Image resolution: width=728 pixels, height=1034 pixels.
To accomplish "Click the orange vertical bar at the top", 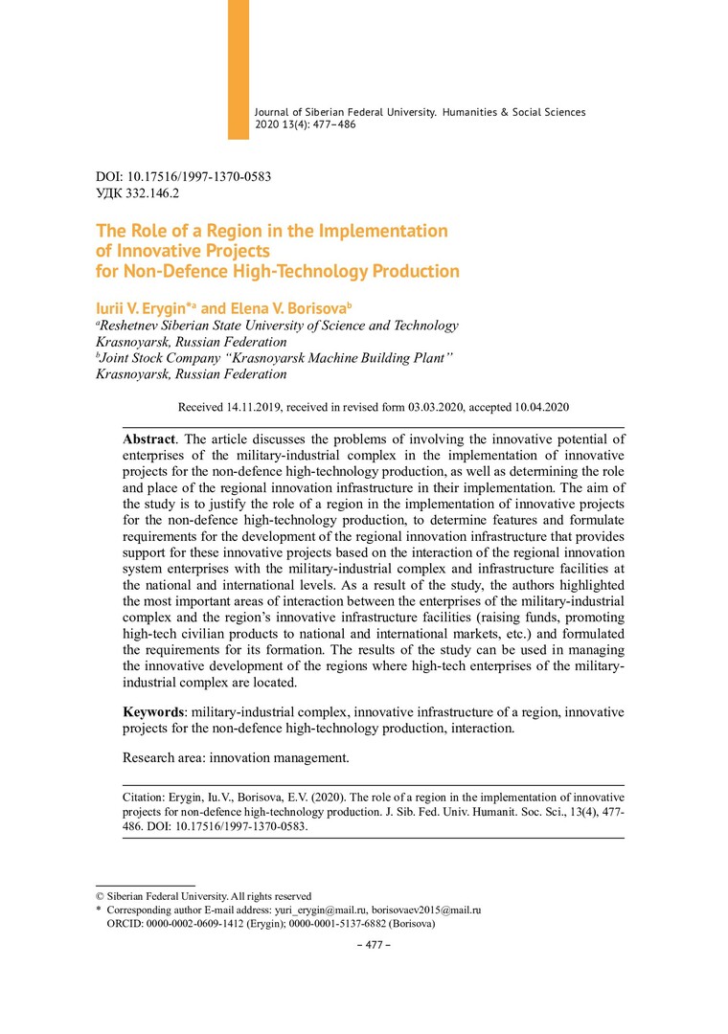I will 238,69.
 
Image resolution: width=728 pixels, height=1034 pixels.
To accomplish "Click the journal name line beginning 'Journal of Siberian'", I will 420,112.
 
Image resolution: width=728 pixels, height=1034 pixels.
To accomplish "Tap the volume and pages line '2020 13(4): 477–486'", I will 306,125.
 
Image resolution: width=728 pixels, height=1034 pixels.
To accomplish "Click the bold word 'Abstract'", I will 148,438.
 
